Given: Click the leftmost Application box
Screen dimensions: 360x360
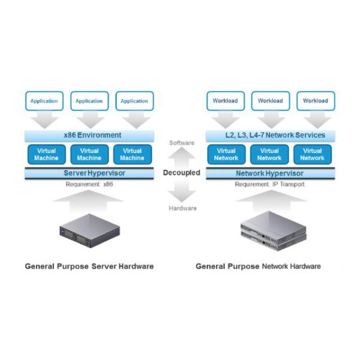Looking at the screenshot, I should coord(44,101).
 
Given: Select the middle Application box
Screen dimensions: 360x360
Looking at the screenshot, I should coord(89,101).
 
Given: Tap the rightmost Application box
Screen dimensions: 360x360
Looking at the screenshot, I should coord(134,101).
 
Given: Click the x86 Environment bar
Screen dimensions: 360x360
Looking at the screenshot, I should coord(89,135).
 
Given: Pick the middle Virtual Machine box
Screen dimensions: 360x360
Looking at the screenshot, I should coord(89,154).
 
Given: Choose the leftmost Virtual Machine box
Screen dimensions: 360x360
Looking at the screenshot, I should coord(46,154).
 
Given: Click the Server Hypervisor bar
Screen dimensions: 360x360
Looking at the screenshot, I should coord(89,173).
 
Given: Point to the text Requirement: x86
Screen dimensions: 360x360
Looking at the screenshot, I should coord(89,184).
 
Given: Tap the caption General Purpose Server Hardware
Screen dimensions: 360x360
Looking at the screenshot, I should coord(89,266).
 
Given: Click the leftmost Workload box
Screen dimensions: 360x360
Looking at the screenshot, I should coord(225,101).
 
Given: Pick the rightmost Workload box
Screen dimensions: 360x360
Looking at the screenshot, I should coord(315,101).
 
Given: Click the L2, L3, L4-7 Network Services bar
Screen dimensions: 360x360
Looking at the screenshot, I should coord(270,135).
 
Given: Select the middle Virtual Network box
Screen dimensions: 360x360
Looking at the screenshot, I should coord(269,154).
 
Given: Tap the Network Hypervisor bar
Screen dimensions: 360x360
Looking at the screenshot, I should coord(270,173).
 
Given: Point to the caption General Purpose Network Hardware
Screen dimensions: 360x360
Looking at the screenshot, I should coord(258,266).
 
